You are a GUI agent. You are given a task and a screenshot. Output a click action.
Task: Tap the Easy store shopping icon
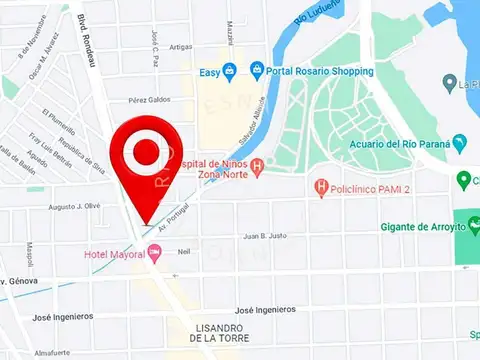[x=230, y=71]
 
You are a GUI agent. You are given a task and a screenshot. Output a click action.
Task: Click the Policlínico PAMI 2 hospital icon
[x=321, y=186]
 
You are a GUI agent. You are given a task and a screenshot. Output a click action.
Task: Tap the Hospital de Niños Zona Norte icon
[x=257, y=167]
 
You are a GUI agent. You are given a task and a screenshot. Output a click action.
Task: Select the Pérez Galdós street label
[x=149, y=100]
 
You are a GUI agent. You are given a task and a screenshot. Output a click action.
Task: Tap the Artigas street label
[x=181, y=46]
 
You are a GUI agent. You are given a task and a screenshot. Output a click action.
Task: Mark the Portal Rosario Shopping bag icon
[x=257, y=70]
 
